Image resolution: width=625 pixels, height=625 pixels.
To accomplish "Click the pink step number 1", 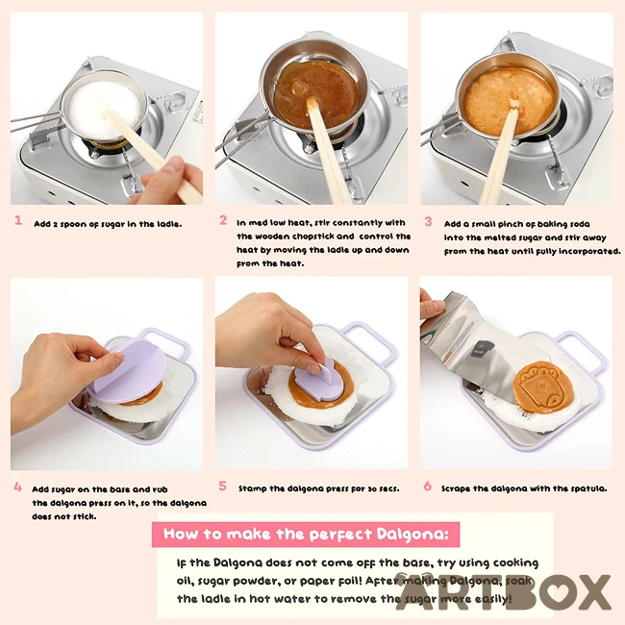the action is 18,220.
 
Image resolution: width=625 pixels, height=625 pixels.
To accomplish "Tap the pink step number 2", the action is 223,220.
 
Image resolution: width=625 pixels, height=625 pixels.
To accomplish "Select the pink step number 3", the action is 428,221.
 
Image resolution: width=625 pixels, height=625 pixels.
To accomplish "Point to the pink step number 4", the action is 18,487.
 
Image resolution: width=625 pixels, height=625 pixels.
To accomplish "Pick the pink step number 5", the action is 222,486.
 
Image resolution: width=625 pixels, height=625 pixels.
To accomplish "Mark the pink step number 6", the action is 427,486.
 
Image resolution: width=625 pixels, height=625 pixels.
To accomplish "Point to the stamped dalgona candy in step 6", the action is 543,387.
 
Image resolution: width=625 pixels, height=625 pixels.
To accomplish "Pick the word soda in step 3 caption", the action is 580,224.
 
